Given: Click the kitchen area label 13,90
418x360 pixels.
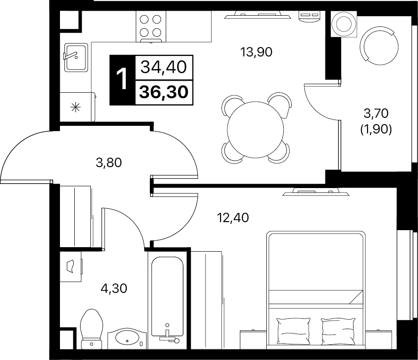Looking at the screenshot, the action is (256, 52).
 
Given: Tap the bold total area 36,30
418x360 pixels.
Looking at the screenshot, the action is (164, 92).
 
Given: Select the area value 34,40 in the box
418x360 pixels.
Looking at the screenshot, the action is (163, 67).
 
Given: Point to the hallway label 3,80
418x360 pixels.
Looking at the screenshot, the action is (109, 163).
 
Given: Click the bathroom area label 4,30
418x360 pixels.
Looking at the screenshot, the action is (114, 288).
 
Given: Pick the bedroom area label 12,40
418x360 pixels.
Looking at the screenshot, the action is (233, 218).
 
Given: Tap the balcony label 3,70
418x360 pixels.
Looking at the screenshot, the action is (376, 114).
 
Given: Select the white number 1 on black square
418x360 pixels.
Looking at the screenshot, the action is (122, 79).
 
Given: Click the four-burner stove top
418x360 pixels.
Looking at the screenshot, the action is (151, 26).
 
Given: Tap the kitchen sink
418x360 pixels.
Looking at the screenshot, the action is (76, 57).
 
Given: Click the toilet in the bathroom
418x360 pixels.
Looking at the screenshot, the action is (92, 329).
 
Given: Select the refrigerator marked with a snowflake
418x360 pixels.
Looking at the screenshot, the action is (77, 107).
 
